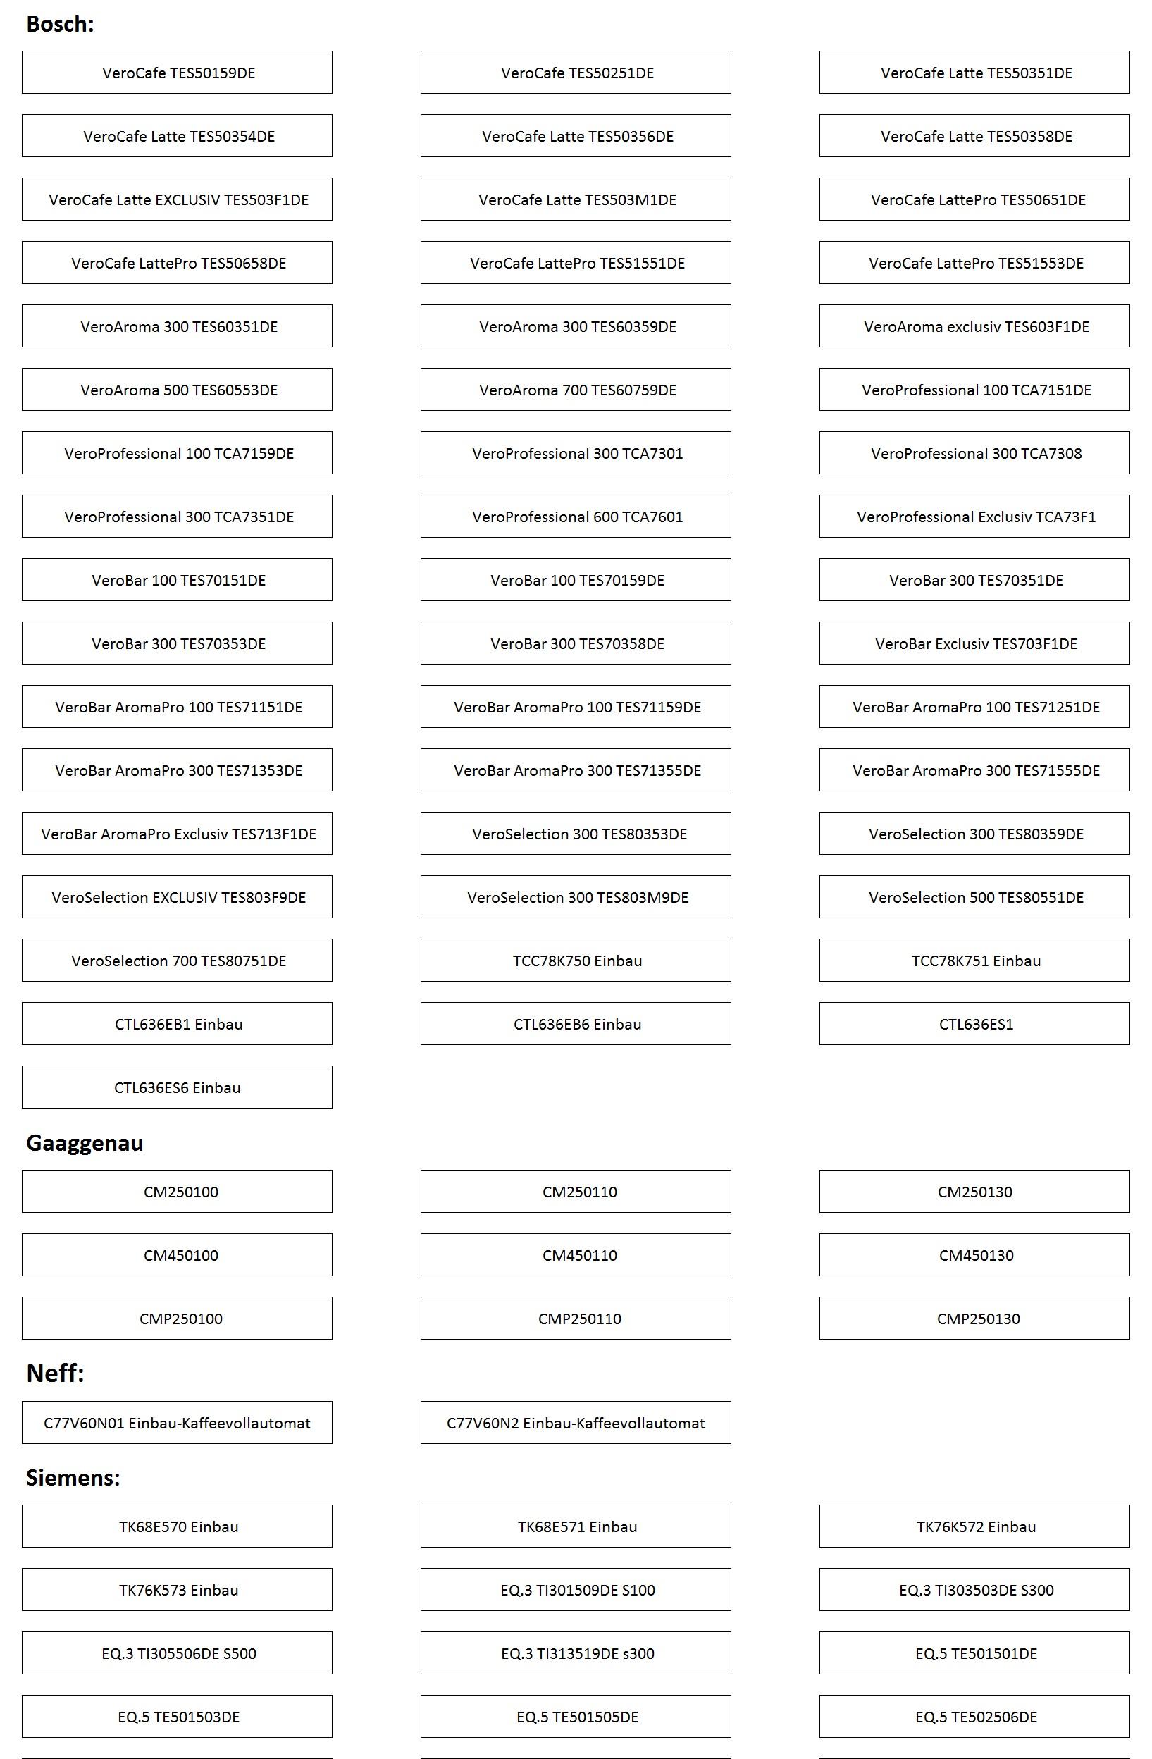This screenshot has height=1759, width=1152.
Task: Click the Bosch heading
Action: (x=60, y=25)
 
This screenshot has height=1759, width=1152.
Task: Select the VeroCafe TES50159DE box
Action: (x=178, y=73)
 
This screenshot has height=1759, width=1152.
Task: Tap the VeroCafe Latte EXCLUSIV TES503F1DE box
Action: (x=178, y=199)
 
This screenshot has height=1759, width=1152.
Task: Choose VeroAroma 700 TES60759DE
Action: (x=576, y=390)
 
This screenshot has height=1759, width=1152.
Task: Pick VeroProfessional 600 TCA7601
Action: (x=576, y=517)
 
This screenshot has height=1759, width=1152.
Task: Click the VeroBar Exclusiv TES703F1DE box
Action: (x=974, y=643)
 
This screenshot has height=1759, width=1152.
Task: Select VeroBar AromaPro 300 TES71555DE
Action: (x=974, y=770)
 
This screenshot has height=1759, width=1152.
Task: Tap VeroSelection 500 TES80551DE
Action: (x=974, y=897)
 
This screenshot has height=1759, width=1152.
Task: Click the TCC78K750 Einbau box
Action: (x=576, y=961)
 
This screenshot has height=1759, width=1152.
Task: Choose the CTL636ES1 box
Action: (x=974, y=1025)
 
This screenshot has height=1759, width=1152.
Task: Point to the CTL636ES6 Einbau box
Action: (x=178, y=1087)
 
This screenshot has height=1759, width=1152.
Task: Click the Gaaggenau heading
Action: (x=85, y=1143)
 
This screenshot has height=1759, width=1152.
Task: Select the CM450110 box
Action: (x=576, y=1255)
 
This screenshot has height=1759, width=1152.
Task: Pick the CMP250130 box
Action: (x=974, y=1319)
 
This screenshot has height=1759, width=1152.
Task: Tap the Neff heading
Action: (x=55, y=1374)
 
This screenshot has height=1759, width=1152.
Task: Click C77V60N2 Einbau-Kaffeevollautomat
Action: (x=576, y=1423)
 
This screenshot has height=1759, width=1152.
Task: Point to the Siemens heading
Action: (x=73, y=1478)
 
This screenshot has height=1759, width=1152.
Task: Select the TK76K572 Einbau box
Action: (x=974, y=1527)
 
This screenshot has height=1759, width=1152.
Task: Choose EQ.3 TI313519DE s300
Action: (x=576, y=1653)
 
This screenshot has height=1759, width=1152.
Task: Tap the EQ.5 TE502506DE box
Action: (x=974, y=1717)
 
